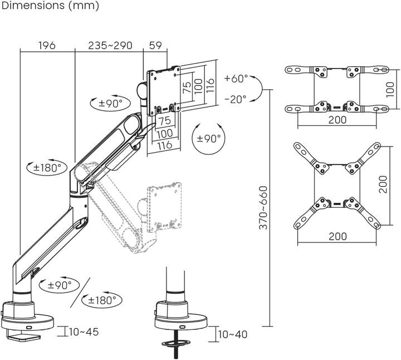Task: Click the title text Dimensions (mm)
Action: point(50,6)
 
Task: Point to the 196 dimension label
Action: point(47,45)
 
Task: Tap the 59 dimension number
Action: point(155,45)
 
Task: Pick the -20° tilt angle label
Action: point(236,99)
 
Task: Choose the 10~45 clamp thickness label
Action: point(83,332)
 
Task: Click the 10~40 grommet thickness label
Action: point(232,334)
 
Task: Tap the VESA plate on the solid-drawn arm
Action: point(164,90)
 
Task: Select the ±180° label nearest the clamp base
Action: point(101,300)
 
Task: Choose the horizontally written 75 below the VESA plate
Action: point(164,120)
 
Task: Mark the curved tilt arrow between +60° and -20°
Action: point(257,89)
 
